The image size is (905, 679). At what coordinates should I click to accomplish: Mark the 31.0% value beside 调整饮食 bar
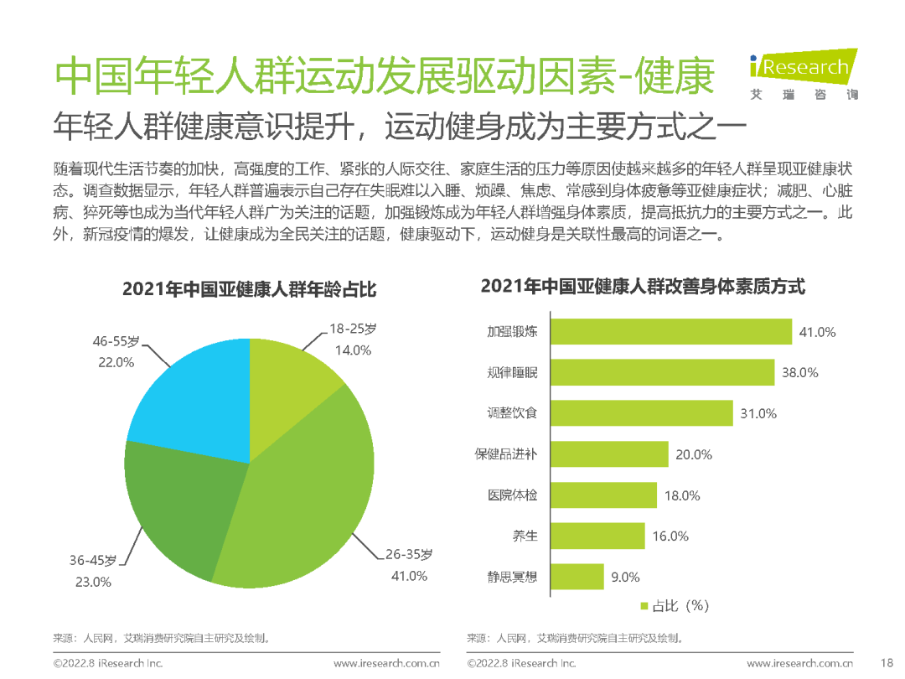click(x=758, y=413)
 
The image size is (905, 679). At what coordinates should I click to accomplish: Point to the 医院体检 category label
click(x=512, y=495)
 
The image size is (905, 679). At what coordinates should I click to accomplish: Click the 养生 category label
click(x=525, y=536)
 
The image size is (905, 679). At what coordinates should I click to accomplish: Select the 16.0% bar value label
click(x=670, y=536)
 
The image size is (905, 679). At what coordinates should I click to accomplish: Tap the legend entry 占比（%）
click(x=675, y=606)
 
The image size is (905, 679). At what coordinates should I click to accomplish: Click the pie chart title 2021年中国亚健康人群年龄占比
click(x=249, y=290)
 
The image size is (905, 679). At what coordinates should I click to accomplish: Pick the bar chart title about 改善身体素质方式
click(x=643, y=287)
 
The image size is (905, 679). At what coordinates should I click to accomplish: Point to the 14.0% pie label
click(x=352, y=350)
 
